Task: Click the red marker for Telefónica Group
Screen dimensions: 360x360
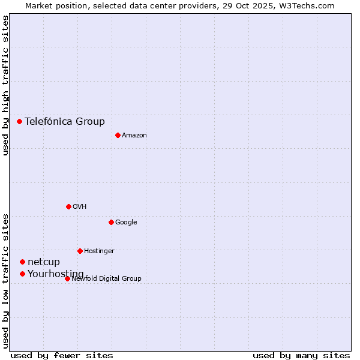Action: click(19, 121)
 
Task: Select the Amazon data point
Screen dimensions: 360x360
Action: click(118, 135)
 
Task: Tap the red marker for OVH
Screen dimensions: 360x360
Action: click(68, 206)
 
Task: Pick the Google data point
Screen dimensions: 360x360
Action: click(111, 222)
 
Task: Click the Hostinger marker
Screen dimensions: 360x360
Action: click(80, 251)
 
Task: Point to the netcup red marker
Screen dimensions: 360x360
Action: click(22, 262)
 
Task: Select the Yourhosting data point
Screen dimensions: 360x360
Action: click(22, 274)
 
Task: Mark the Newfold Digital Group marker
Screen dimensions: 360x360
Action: click(67, 278)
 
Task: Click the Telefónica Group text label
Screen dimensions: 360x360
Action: click(65, 121)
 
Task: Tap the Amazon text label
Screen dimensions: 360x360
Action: click(134, 135)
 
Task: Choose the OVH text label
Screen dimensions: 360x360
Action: click(80, 206)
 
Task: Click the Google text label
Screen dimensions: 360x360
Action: click(126, 222)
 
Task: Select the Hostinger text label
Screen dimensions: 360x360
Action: click(99, 251)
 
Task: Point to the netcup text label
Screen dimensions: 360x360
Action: click(44, 262)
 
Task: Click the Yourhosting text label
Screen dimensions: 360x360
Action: click(56, 274)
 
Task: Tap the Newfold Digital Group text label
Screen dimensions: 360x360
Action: click(106, 278)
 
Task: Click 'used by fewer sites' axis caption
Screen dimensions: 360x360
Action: click(62, 355)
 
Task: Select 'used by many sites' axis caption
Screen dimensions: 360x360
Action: click(301, 355)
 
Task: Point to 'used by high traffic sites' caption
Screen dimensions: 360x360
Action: click(6, 86)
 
